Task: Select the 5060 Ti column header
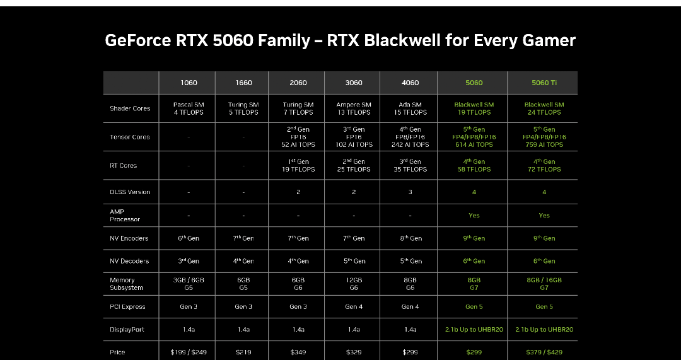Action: point(544,83)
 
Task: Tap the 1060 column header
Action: point(189,83)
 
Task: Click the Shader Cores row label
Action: point(130,108)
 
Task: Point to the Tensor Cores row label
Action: point(129,137)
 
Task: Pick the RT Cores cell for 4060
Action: point(410,165)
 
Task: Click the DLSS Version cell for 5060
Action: point(474,192)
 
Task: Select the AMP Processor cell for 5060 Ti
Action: point(544,216)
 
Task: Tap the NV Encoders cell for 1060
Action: point(189,238)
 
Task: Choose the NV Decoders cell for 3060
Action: point(354,261)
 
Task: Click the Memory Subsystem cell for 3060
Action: point(354,284)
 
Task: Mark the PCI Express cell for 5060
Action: point(474,306)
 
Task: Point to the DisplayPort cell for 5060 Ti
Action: point(544,330)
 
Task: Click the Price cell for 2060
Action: point(298,352)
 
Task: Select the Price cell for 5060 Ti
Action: point(544,352)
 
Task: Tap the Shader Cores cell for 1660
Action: point(243,108)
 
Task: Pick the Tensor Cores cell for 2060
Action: point(298,137)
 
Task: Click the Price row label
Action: point(117,352)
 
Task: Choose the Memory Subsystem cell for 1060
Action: point(189,284)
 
